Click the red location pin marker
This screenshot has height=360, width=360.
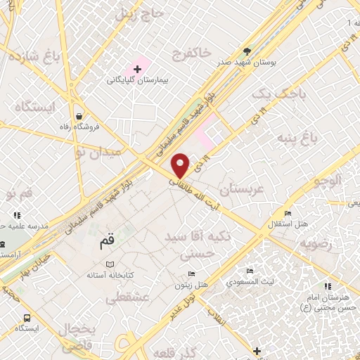tap(181, 165)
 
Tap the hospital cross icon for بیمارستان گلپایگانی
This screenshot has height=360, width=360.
tap(137, 69)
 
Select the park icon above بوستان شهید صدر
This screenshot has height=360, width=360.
tap(246, 51)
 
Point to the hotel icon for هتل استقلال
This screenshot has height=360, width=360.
tap(287, 214)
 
